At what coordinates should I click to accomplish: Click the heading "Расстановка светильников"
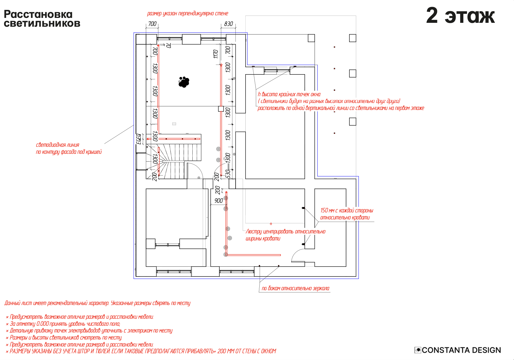point(42,19)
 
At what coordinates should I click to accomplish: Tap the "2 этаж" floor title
point(461,16)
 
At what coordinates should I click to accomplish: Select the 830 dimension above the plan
point(228,24)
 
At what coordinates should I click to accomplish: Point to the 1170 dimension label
point(215,54)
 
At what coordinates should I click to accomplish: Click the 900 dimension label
point(219,200)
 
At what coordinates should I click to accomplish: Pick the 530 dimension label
point(228,174)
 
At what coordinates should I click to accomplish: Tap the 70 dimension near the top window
point(168,46)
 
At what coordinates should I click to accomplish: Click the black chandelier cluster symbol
point(184,82)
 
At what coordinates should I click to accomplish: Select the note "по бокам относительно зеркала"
point(295,288)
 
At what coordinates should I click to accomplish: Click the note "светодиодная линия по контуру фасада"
point(69,148)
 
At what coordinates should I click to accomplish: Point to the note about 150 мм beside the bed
point(346,214)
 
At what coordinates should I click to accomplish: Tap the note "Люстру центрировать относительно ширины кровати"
point(285,235)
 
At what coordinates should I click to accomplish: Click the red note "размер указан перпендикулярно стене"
point(187,13)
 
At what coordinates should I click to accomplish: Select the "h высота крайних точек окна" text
point(289,94)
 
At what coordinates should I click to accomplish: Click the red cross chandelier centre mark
point(271,224)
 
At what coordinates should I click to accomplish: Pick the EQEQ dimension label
point(139,139)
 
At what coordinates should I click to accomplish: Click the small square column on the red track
point(221,109)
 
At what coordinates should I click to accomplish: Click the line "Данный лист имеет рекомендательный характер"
point(97,303)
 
